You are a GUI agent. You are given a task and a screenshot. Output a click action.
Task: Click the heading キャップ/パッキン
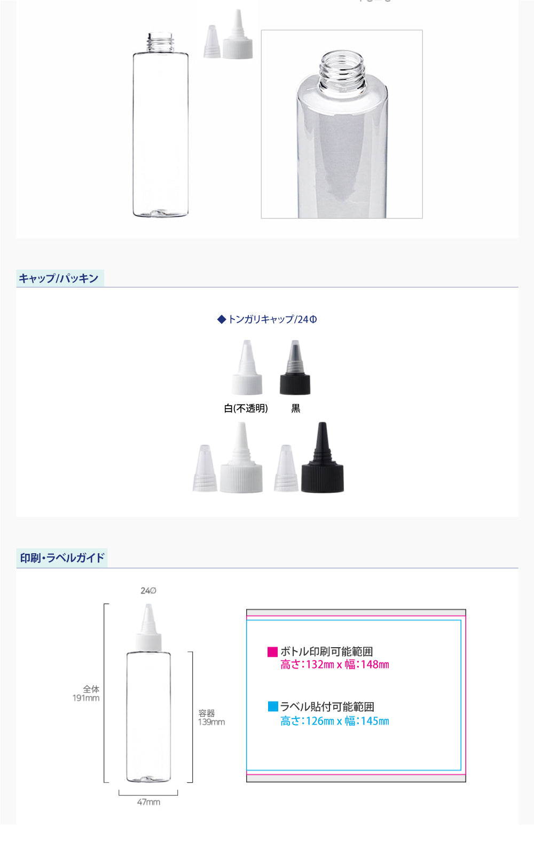(x=59, y=279)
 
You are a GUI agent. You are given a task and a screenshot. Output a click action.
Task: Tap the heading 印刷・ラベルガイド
(x=62, y=558)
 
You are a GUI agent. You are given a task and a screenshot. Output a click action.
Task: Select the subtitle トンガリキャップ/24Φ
(x=268, y=319)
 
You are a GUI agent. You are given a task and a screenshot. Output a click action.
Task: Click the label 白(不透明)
(x=246, y=408)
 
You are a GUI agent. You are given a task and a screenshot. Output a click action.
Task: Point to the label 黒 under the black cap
(x=296, y=408)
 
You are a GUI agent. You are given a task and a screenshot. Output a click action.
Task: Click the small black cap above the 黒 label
(x=295, y=367)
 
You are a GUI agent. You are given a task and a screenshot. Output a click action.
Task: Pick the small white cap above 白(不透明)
(x=247, y=367)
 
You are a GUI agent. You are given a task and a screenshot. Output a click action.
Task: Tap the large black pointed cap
(x=323, y=457)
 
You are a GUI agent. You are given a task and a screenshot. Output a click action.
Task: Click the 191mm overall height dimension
(x=86, y=698)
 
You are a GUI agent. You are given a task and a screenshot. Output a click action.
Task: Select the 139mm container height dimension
(x=211, y=722)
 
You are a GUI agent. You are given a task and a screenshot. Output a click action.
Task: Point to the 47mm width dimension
(x=148, y=802)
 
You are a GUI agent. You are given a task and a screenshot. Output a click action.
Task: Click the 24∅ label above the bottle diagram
(x=148, y=591)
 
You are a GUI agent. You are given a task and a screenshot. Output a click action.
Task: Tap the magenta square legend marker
(x=273, y=652)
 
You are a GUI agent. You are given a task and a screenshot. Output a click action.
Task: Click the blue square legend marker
(x=273, y=706)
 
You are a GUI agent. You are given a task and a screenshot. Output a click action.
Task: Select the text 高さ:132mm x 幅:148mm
(x=335, y=665)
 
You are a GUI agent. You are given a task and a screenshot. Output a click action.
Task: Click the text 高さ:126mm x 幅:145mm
(x=335, y=721)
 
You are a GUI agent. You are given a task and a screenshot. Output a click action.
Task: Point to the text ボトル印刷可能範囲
(x=327, y=651)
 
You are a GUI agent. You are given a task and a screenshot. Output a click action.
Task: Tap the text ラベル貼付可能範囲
(x=327, y=707)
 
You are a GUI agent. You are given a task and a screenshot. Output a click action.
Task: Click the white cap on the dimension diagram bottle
(x=148, y=627)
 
